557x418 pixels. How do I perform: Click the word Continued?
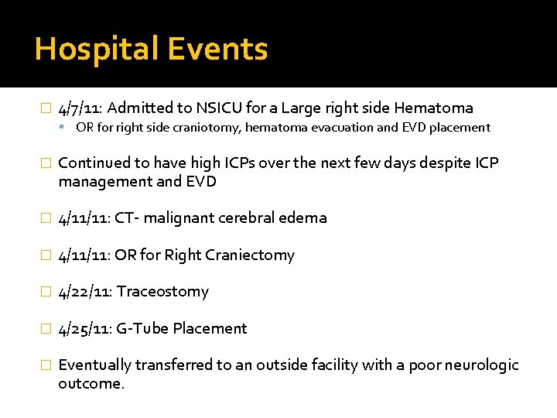click(94, 163)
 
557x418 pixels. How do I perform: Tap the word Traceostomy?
click(162, 292)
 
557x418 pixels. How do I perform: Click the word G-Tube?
click(142, 328)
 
